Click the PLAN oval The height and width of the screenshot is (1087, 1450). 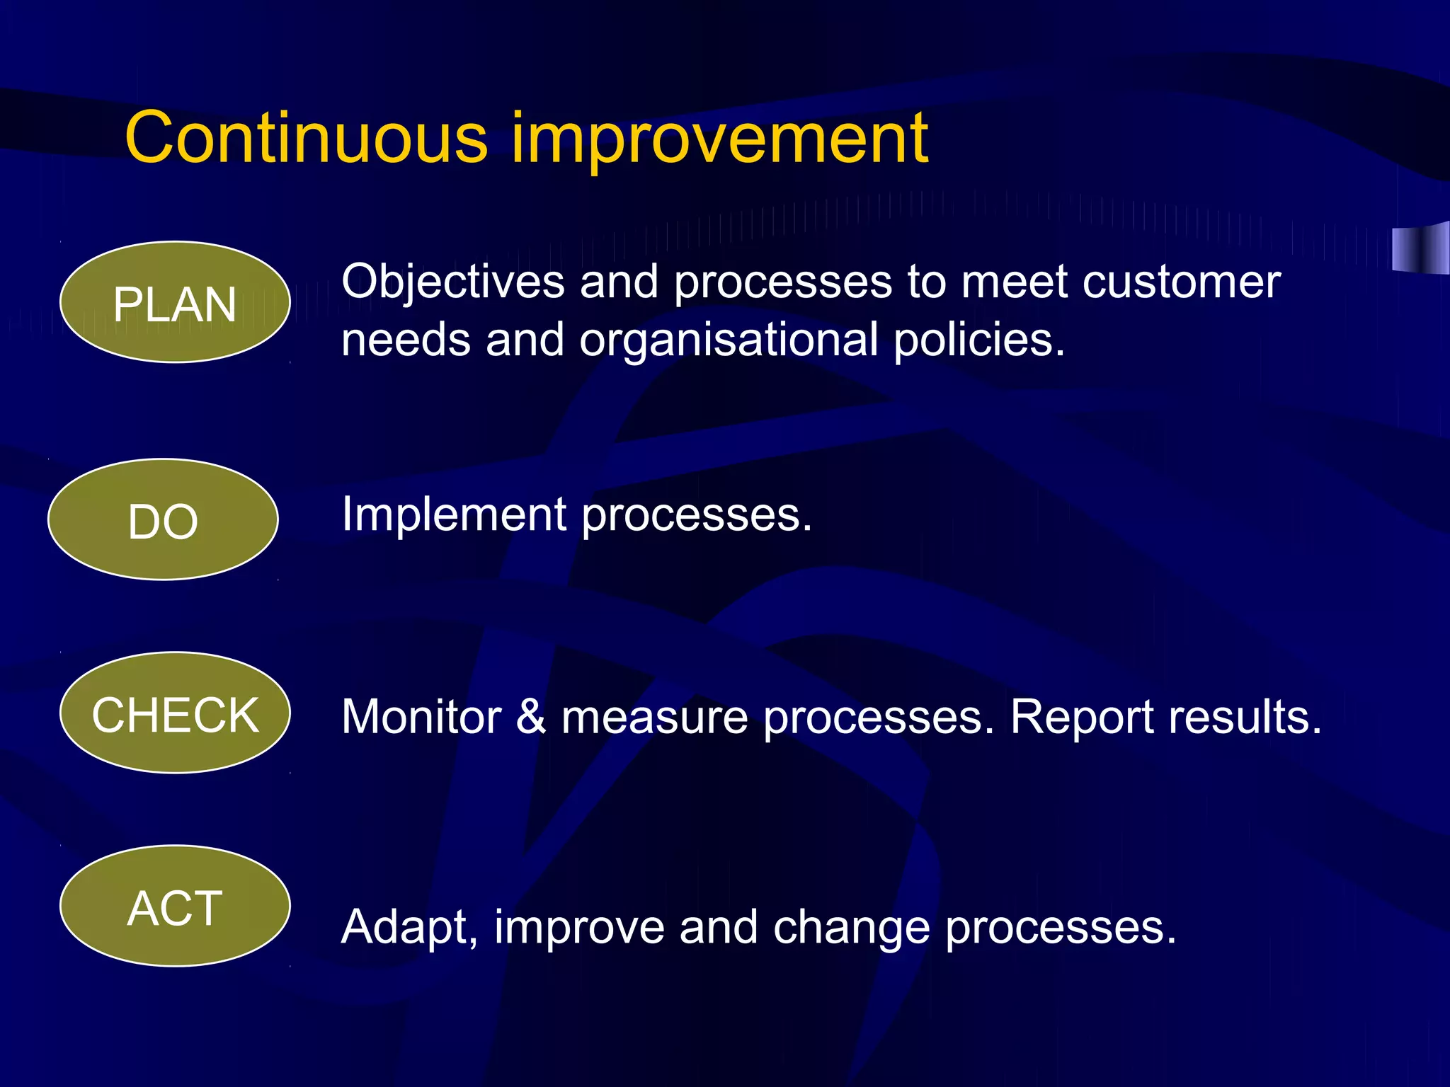175,303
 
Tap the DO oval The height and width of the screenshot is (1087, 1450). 163,520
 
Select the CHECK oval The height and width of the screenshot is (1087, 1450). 175,713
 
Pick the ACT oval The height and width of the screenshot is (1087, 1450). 175,907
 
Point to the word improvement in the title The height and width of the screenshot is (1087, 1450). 719,140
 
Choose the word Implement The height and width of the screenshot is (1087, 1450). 454,515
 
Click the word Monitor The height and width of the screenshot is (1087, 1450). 422,718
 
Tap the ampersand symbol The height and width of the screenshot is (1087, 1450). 531,717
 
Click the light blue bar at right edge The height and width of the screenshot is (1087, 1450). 1420,248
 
